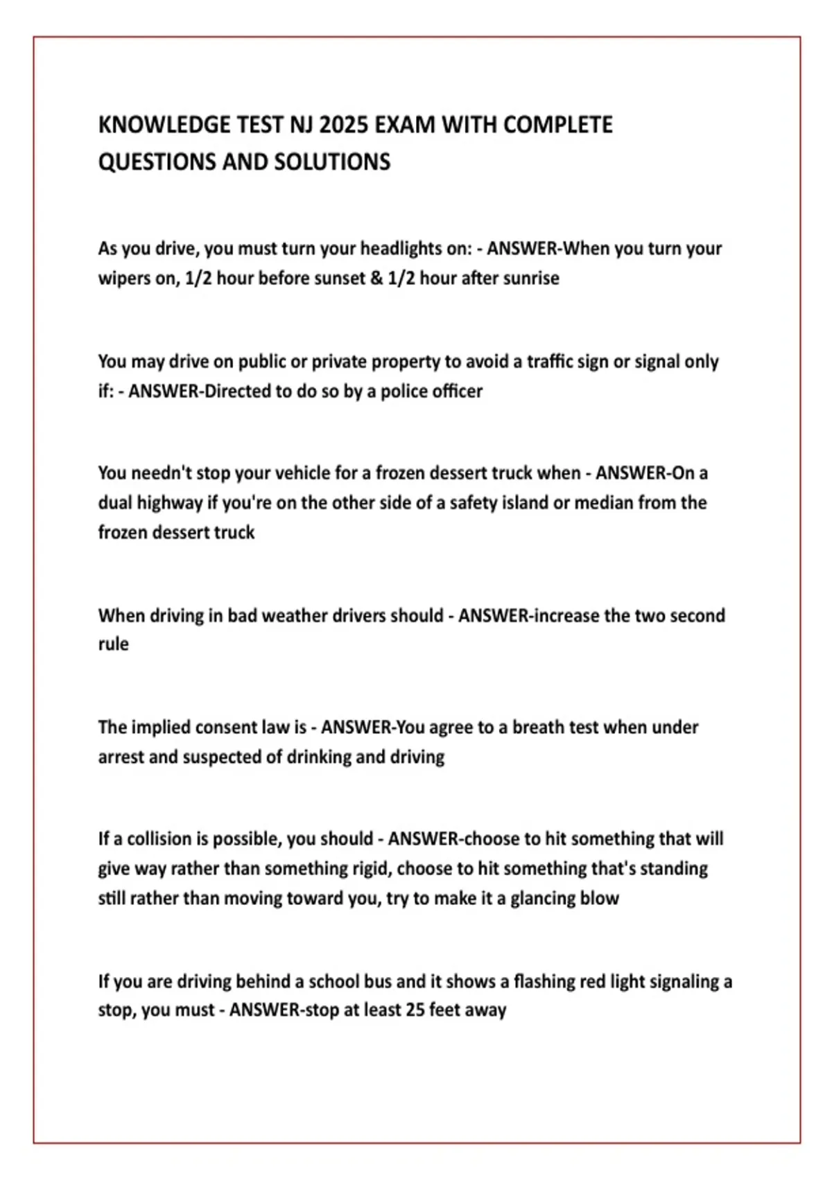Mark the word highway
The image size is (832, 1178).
tap(169, 503)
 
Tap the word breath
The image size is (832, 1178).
tap(538, 728)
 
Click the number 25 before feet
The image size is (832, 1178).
tap(415, 1010)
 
